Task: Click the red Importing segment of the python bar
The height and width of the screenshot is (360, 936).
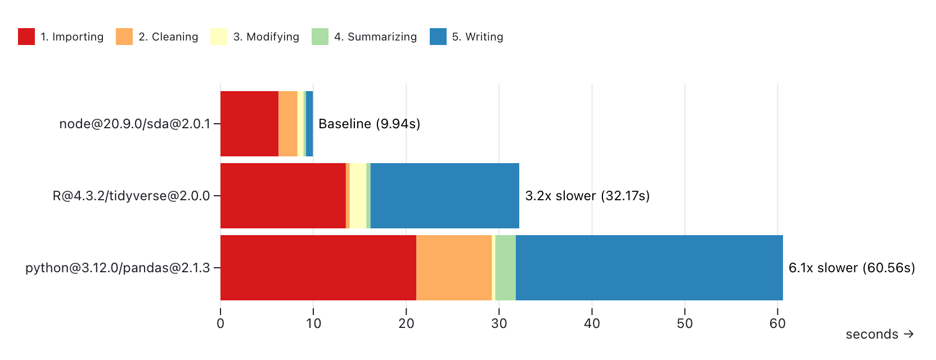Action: tap(318, 268)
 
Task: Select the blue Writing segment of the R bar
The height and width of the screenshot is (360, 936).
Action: tap(444, 196)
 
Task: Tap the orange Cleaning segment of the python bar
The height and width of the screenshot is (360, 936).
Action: tap(454, 268)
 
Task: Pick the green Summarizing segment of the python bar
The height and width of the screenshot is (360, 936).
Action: tap(505, 268)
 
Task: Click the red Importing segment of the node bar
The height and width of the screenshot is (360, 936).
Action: tap(249, 124)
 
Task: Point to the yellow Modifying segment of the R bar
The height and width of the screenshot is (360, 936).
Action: tap(358, 196)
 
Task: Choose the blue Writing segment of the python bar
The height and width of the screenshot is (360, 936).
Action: tap(649, 268)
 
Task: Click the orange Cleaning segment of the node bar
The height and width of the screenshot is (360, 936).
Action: tap(287, 124)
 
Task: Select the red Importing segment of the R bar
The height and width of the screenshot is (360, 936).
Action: tap(283, 196)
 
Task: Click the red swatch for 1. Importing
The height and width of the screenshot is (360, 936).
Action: tap(26, 37)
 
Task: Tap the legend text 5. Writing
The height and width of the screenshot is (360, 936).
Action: tap(478, 37)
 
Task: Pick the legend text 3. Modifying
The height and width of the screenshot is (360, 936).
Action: tap(266, 37)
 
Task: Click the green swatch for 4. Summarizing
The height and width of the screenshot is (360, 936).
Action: tap(320, 37)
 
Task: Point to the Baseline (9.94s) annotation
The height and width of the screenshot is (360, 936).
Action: tap(369, 124)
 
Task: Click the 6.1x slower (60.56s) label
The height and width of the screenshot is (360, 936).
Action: tap(852, 268)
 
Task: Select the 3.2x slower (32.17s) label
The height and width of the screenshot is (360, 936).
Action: tap(587, 196)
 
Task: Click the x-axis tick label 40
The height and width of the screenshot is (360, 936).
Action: tap(592, 323)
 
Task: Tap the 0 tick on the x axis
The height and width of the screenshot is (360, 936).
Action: tap(220, 323)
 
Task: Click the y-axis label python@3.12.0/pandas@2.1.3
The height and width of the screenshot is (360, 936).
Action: tap(118, 268)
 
